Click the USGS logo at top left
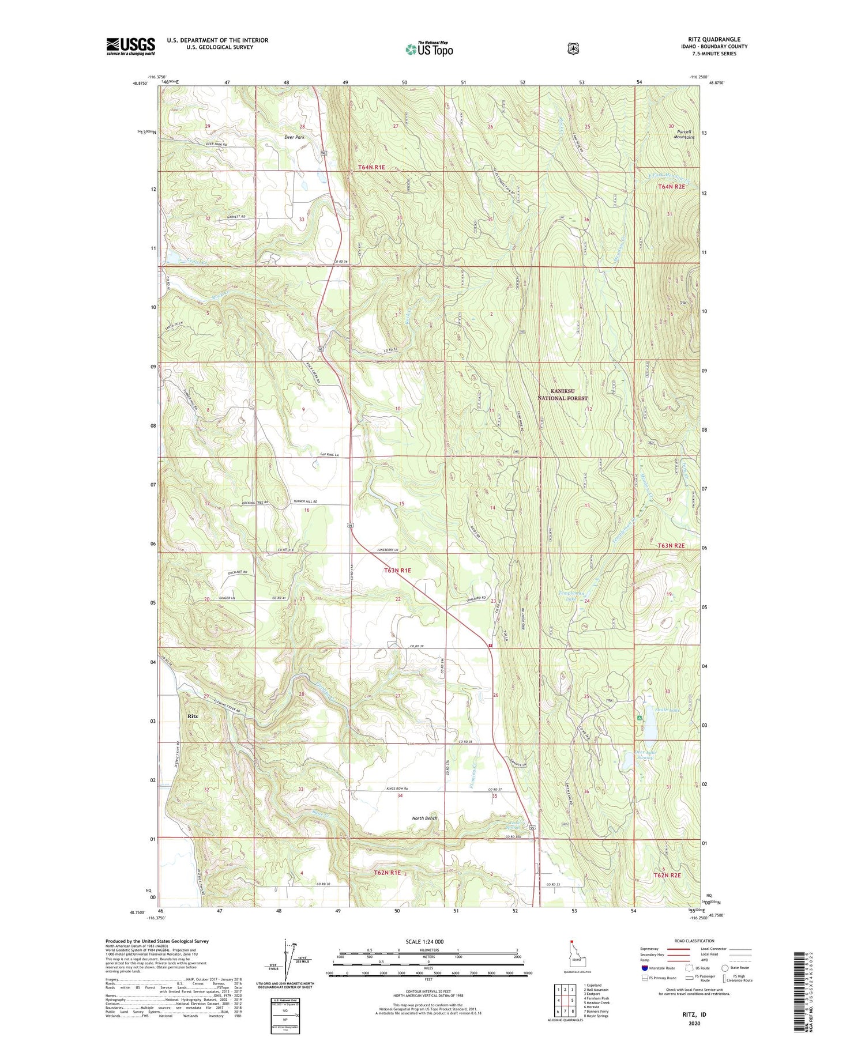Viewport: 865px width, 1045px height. (x=130, y=46)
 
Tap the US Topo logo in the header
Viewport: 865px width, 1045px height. (x=429, y=49)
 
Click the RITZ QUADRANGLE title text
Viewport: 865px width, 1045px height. (x=713, y=39)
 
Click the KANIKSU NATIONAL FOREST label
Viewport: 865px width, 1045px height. (x=563, y=394)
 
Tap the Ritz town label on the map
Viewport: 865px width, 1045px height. (x=193, y=716)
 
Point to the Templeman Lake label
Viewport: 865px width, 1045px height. (x=571, y=596)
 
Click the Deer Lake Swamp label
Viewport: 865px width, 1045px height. (x=644, y=754)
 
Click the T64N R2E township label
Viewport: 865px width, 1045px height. (x=671, y=187)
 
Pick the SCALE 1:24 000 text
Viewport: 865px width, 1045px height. (x=425, y=941)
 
